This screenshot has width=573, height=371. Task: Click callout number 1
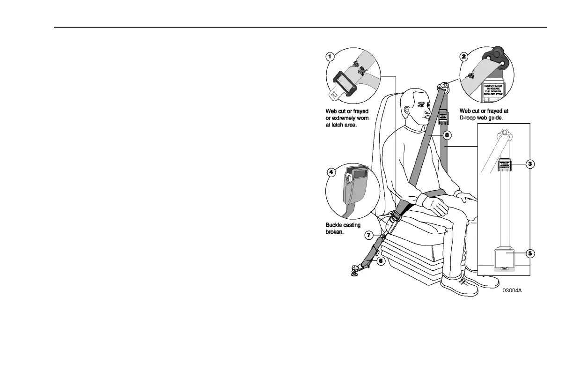coord(330,56)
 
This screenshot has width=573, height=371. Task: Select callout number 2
coord(463,57)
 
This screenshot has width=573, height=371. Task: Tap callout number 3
coord(530,163)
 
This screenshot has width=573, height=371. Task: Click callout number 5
coord(530,253)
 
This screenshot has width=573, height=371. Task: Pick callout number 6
coord(381,261)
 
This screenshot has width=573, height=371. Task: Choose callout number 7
coord(369,234)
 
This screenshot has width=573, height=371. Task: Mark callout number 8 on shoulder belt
coord(447,135)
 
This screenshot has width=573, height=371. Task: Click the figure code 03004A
coord(512,290)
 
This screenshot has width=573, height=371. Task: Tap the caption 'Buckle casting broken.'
coord(343,228)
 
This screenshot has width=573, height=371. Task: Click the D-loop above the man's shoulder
coord(442,87)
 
